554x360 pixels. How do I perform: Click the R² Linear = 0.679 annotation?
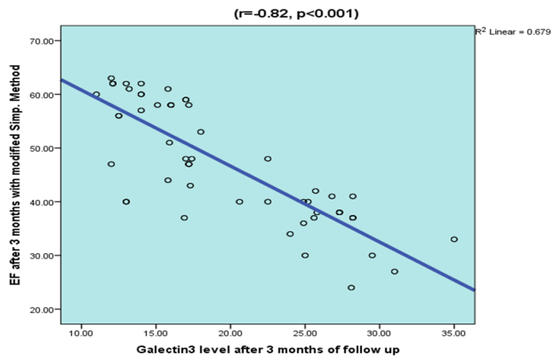click(x=513, y=31)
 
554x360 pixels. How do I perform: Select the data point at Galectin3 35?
click(x=454, y=239)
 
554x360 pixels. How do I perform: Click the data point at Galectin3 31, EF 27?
click(x=394, y=271)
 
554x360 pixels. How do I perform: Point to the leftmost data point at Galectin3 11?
click(x=96, y=95)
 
